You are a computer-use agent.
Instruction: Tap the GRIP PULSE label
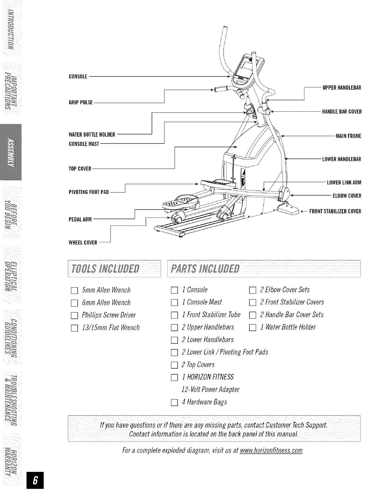[81, 103]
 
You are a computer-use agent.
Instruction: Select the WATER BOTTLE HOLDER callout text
[92, 135]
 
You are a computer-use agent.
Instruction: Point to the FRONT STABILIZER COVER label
[335, 211]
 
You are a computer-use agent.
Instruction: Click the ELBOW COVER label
[347, 196]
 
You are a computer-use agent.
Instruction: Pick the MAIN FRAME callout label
[348, 136]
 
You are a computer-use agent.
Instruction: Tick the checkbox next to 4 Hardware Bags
[174, 403]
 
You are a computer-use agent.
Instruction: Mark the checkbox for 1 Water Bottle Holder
[252, 328]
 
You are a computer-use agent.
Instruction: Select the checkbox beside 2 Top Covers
[174, 365]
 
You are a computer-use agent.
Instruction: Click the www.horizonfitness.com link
[271, 451]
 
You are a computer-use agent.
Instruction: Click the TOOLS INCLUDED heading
[105, 268]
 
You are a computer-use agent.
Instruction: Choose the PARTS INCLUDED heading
[204, 268]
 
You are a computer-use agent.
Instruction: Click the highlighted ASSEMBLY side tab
[11, 152]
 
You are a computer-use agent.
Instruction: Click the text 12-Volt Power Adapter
[210, 390]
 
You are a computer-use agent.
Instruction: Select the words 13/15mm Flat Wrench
[110, 328]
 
